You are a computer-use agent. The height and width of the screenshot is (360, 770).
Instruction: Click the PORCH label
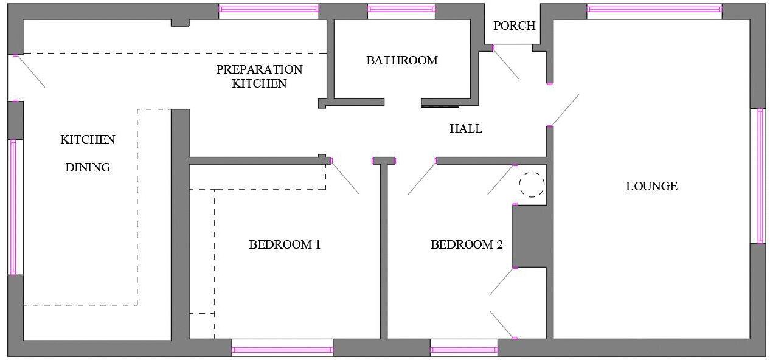click(514, 26)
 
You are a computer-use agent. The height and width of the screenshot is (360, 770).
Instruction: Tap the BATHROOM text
click(401, 60)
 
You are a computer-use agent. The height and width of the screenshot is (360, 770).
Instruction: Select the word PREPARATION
click(259, 69)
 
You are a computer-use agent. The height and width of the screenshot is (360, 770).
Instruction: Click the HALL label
click(465, 128)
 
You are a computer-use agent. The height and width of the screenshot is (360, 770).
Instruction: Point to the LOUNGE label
click(651, 186)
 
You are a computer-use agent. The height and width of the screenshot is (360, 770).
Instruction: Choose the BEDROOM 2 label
click(467, 245)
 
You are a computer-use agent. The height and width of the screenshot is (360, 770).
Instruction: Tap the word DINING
click(88, 167)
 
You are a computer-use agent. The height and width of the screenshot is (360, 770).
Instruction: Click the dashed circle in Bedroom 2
click(532, 184)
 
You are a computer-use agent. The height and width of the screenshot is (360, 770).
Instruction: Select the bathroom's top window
click(401, 9)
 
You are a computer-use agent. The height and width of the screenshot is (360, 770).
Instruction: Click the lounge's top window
click(654, 9)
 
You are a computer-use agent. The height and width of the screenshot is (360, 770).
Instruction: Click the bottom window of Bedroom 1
click(282, 350)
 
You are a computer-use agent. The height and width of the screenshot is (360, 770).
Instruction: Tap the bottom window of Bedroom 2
click(463, 350)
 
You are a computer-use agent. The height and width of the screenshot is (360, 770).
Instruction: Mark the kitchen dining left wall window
click(13, 207)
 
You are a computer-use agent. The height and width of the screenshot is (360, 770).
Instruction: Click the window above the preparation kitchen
click(268, 9)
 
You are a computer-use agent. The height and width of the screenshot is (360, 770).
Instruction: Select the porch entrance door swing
click(505, 63)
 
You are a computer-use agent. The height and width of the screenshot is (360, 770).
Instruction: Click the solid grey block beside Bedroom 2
click(529, 235)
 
